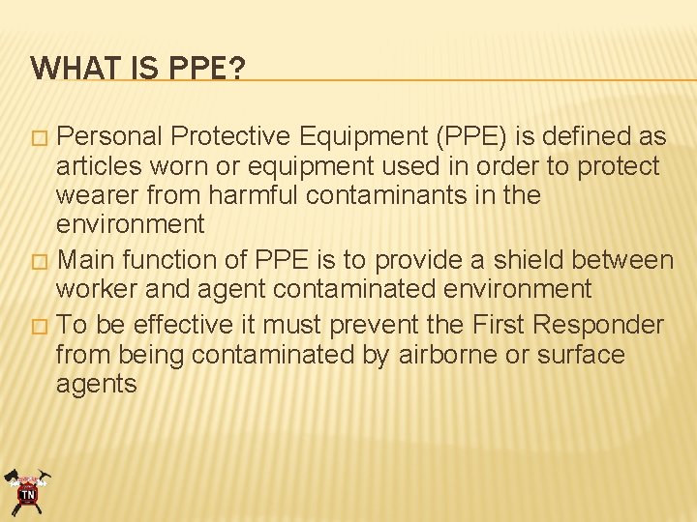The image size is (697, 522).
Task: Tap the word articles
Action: point(97,166)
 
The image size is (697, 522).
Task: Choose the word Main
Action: point(88,260)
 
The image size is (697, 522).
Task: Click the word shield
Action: point(529,260)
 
